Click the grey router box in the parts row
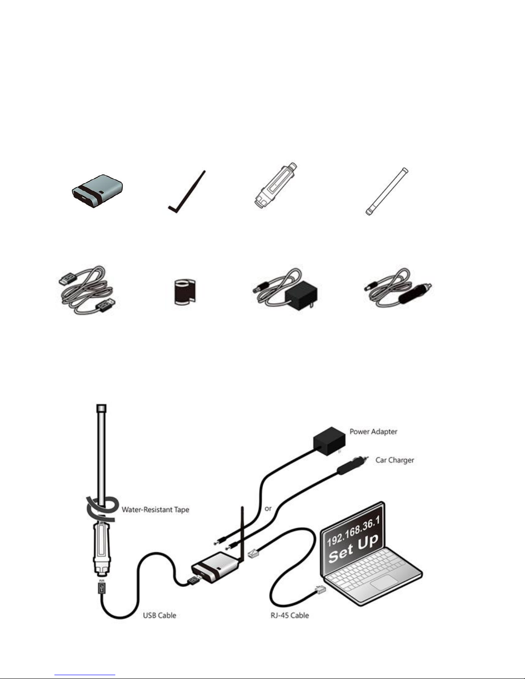(x=97, y=191)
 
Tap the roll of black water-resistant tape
(x=184, y=292)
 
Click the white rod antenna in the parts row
(x=387, y=191)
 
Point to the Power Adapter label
(x=373, y=431)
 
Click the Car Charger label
(x=395, y=460)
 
